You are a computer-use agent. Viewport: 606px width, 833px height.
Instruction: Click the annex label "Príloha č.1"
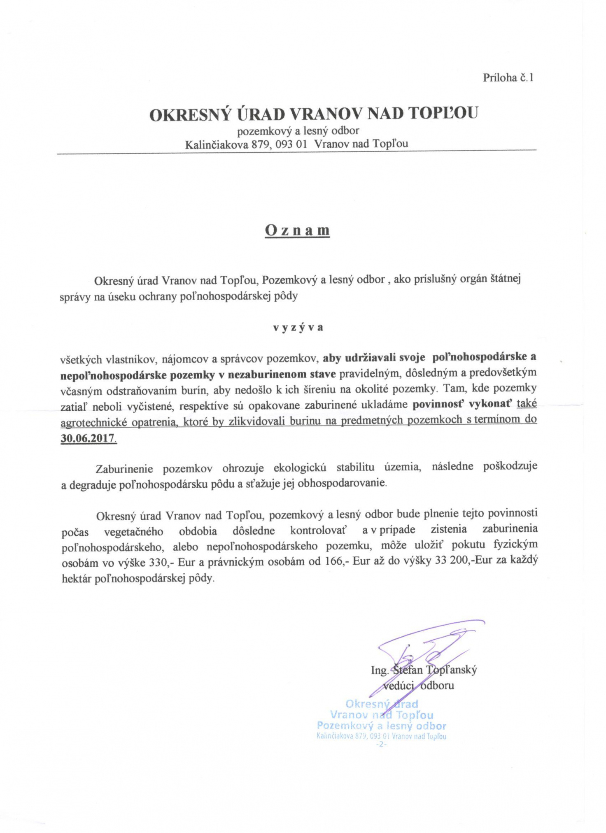[x=508, y=77]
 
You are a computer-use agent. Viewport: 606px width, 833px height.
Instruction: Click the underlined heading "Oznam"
[x=297, y=230]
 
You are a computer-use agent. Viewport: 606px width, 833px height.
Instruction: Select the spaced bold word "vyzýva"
[x=298, y=328]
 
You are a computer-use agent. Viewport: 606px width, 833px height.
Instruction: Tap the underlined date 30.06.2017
[x=88, y=437]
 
